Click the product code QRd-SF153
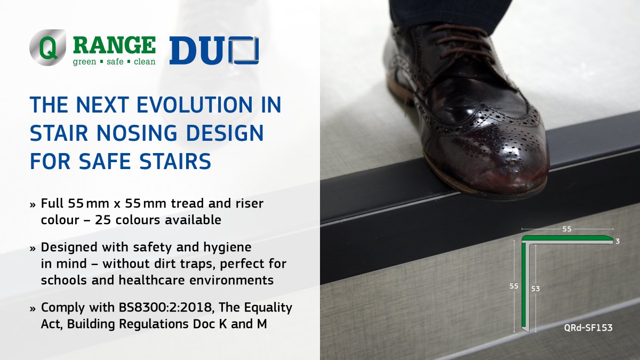click(x=588, y=328)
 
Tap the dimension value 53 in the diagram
click(x=536, y=289)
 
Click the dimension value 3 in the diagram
click(x=617, y=242)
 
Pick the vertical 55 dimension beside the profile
click(x=514, y=286)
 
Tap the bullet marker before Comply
click(x=34, y=309)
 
